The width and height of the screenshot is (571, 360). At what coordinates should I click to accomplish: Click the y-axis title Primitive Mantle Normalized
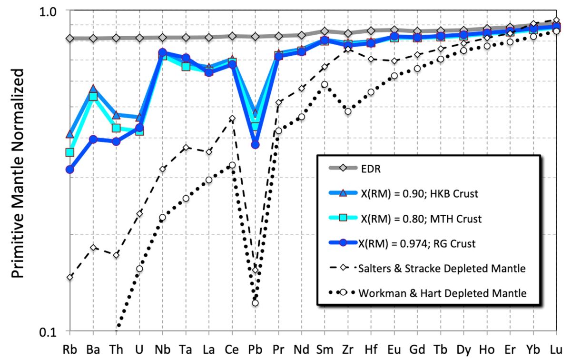[x=18, y=173]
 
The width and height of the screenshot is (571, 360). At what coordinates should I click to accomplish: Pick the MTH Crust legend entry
[x=421, y=219]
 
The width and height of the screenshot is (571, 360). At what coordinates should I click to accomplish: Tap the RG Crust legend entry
[x=417, y=244]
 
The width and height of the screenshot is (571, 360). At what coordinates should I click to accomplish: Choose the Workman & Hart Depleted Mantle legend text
[x=442, y=293]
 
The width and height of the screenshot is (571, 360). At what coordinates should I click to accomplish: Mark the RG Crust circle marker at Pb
[x=255, y=145]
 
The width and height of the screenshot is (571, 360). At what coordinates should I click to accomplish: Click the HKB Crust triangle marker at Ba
[x=93, y=89]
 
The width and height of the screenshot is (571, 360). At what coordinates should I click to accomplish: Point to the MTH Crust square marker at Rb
[x=70, y=152]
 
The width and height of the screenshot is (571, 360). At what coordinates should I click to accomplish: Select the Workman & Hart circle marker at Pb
[x=255, y=303]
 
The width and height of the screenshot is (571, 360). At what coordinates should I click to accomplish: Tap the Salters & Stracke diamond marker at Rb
[x=70, y=277]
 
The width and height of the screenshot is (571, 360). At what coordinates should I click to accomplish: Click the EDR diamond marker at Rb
[x=70, y=38]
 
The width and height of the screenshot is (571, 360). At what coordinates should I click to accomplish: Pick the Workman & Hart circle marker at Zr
[x=348, y=111]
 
